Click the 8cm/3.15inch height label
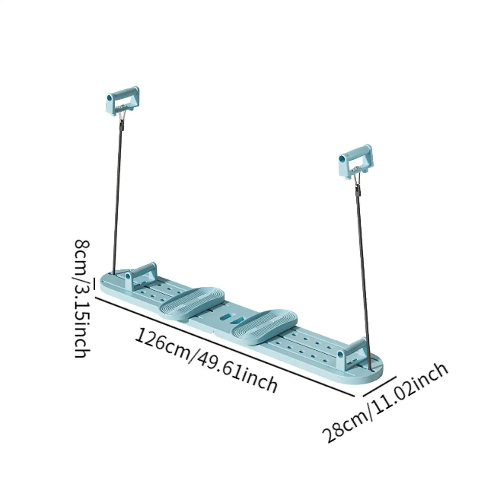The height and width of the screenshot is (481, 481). click(x=82, y=298)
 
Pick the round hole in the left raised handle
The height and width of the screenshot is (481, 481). click(x=109, y=98)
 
